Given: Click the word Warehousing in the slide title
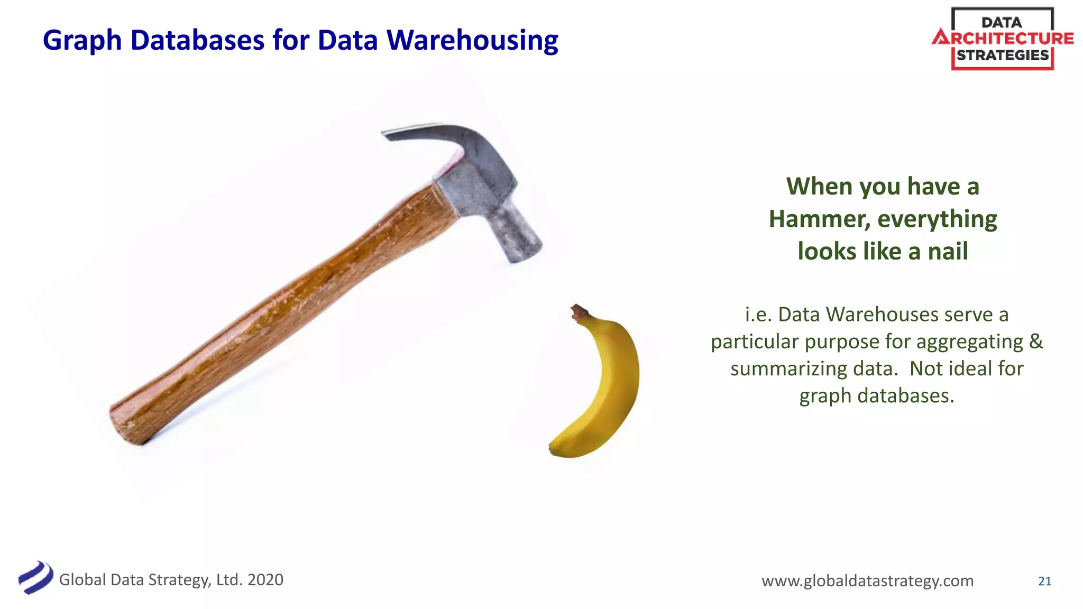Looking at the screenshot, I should point(472,40).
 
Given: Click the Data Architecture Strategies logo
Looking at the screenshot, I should point(1003,39).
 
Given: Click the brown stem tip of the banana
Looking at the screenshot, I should point(577,311).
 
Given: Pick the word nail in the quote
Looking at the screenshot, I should point(948,251).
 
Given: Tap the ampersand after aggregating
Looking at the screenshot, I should point(1035,341).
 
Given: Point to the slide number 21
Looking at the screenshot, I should point(1044,581).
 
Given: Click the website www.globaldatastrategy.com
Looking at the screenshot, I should point(867,580).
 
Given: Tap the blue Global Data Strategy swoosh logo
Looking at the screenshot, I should point(35,577).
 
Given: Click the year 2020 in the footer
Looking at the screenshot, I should point(265,579).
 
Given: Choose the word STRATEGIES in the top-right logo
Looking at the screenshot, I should point(1003,55).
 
